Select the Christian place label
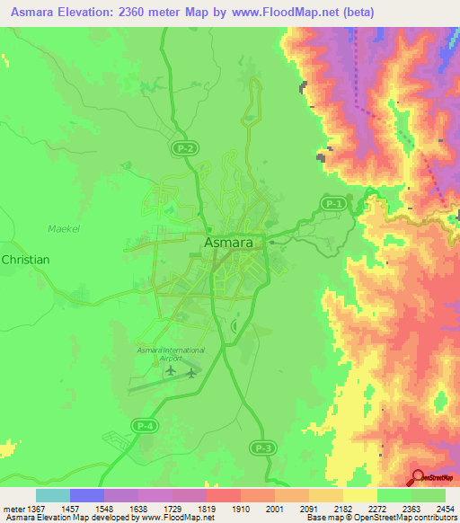[25, 259]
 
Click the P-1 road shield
[334, 205]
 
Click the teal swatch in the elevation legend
[53, 495]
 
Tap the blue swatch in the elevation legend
[87, 495]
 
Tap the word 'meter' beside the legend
[15, 509]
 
